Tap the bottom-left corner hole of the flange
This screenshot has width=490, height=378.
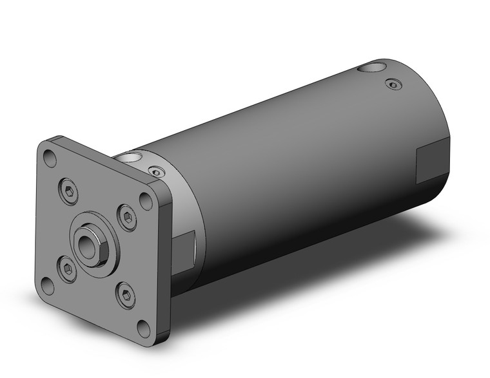point(47,283)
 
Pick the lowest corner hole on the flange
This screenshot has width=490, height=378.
point(142,328)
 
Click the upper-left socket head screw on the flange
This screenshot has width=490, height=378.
point(70,189)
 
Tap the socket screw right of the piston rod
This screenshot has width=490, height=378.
point(127,219)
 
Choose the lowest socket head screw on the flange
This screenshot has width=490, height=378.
point(125,296)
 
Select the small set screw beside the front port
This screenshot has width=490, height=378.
point(156,171)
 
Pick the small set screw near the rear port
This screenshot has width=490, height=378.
point(393,84)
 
